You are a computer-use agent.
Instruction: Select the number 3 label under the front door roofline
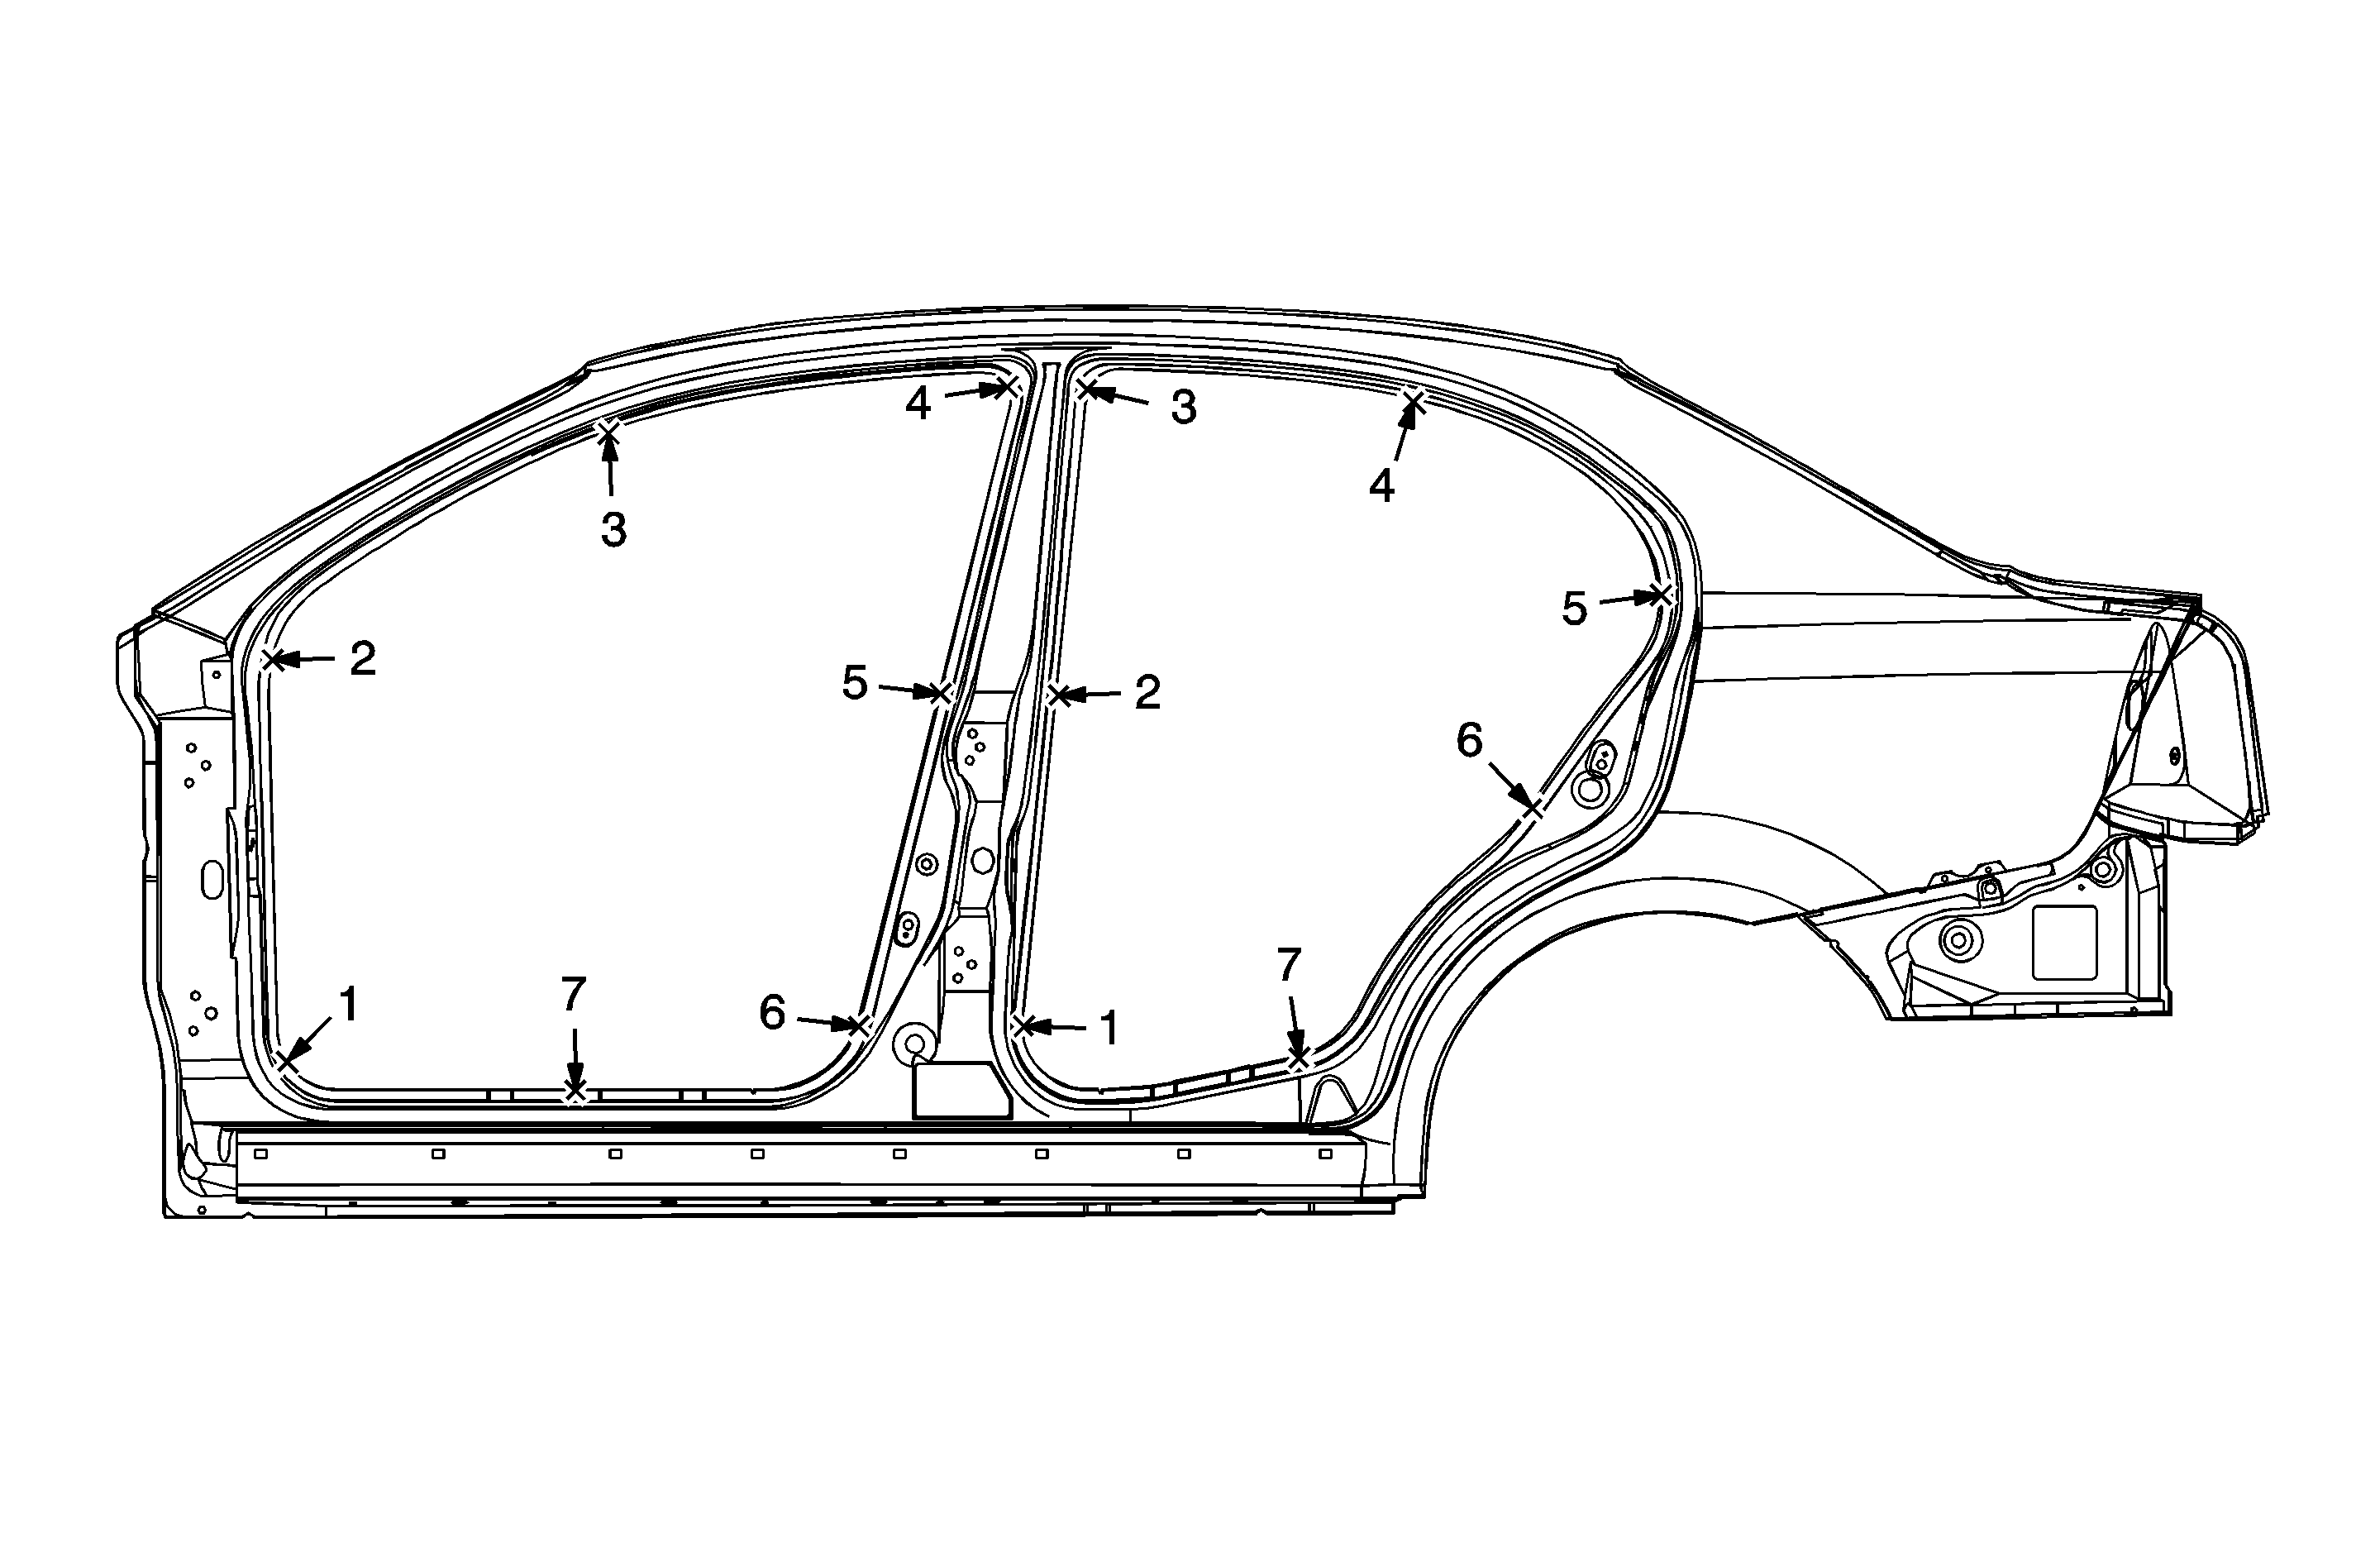pos(613,531)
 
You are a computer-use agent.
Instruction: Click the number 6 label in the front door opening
pos(772,1013)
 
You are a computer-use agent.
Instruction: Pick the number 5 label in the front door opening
pos(854,683)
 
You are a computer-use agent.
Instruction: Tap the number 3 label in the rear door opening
pos(1184,407)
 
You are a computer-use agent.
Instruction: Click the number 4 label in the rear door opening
pos(1382,486)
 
